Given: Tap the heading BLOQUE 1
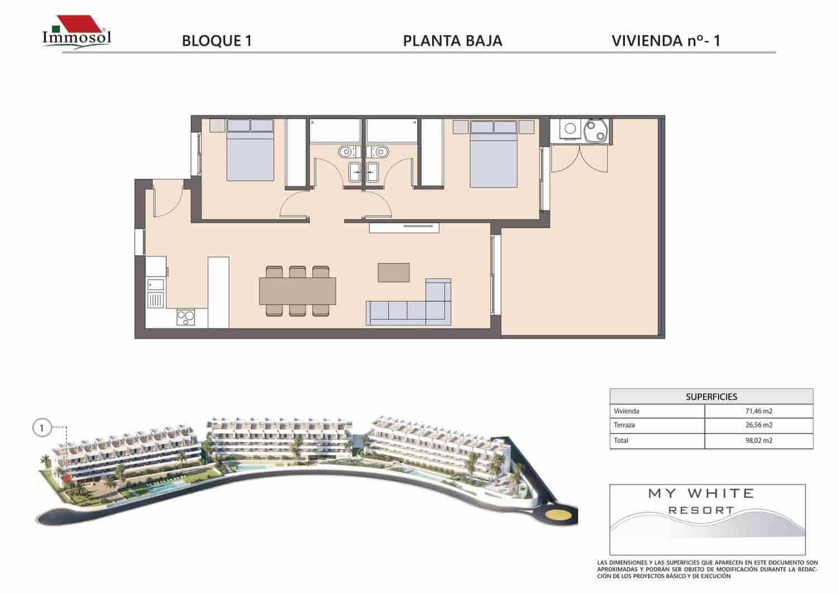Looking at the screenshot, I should [x=217, y=41].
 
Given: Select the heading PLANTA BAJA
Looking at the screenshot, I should [x=452, y=41].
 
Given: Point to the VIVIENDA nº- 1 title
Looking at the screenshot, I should [x=668, y=41].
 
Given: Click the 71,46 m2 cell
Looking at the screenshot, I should [x=758, y=411].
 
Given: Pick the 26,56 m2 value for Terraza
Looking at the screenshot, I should [x=758, y=425].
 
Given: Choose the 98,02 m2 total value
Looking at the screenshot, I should [x=758, y=440].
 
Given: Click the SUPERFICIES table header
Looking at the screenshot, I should [x=711, y=396].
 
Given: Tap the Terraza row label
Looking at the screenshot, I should [x=625, y=425].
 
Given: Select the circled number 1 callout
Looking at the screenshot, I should [x=41, y=429].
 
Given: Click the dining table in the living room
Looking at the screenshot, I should [x=297, y=291].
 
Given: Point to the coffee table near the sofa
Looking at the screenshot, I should [x=393, y=272].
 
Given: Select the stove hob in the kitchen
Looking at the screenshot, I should [x=185, y=317].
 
